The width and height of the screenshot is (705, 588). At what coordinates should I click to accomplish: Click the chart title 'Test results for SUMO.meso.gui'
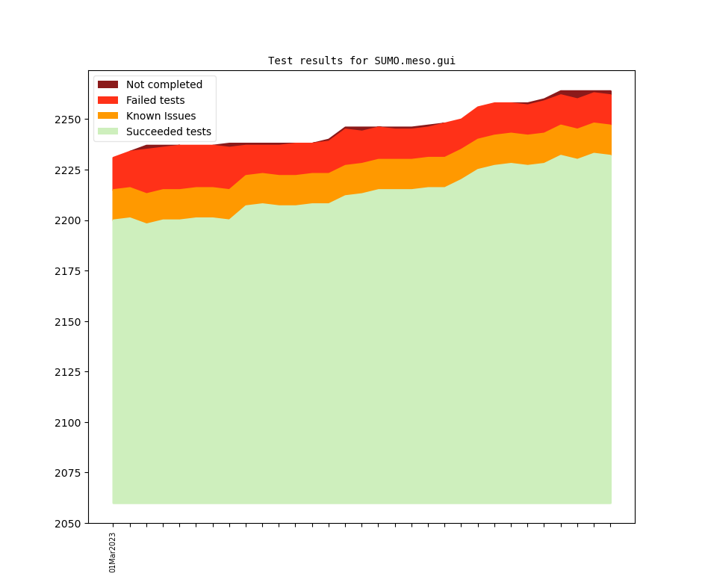coord(361,61)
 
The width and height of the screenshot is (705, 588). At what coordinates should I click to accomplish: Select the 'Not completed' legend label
coord(164,84)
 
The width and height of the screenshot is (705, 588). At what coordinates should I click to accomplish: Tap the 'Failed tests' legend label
coord(155,100)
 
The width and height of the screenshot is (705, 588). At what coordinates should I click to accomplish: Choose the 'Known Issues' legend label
coord(161,116)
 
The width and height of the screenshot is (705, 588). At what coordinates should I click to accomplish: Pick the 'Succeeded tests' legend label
coord(168,131)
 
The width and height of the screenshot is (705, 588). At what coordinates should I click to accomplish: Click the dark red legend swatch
coord(108,84)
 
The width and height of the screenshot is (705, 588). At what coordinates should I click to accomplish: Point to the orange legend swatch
coord(108,116)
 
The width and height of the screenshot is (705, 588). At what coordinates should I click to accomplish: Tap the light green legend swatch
coord(108,131)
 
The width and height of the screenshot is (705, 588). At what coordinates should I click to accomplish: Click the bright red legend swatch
coord(108,100)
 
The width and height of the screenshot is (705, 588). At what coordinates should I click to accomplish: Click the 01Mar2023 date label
coord(113,552)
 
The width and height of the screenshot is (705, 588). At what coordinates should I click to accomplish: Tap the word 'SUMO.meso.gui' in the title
coord(414,61)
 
